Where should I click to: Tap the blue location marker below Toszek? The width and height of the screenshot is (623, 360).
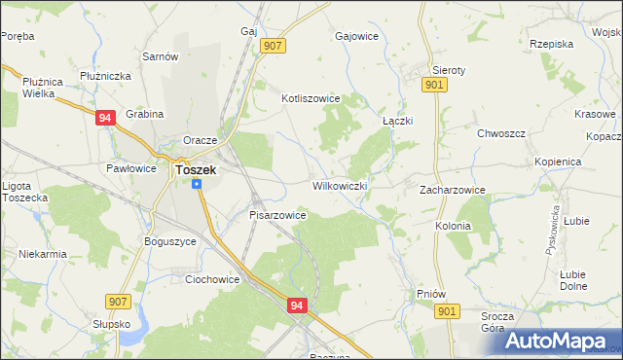click(198, 183)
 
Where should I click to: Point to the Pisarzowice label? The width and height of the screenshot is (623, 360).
click(278, 215)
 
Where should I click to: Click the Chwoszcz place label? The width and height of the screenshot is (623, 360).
click(501, 133)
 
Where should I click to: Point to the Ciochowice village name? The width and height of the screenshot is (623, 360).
click(212, 279)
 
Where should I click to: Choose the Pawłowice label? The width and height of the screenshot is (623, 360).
click(131, 168)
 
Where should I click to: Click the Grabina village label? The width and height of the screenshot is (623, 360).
click(144, 113)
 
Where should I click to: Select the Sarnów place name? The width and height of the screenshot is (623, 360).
click(161, 56)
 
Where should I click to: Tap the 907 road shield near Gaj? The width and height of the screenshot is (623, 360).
click(273, 46)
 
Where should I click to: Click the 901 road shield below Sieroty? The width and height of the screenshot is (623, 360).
click(435, 86)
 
